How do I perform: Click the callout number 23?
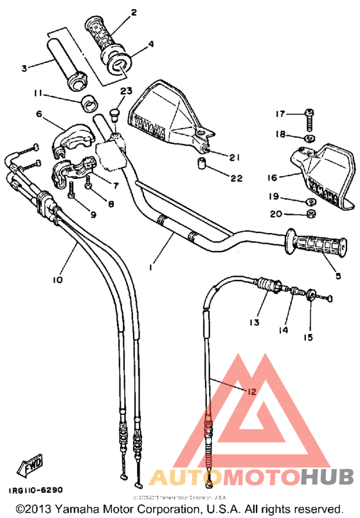(125, 91)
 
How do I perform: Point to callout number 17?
(280, 115)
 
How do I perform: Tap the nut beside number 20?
(310, 214)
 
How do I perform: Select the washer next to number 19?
(309, 198)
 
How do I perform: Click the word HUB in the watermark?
(327, 477)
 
